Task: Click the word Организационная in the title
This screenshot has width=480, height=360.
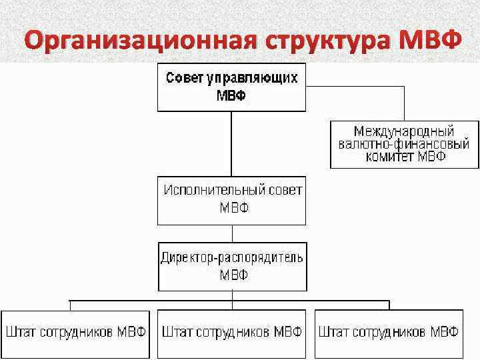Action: pos(137,41)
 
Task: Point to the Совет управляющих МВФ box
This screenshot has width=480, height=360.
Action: pos(231,87)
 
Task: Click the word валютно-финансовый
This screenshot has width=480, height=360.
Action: pos(404,144)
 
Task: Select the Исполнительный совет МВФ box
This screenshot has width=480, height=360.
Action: pos(231,200)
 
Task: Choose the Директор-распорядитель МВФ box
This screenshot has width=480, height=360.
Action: pos(231,267)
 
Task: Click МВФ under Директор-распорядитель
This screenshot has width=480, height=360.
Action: pos(232,275)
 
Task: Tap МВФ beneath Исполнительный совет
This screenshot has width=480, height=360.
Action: pos(233,207)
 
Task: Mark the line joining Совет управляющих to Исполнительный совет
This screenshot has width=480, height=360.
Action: pos(231,143)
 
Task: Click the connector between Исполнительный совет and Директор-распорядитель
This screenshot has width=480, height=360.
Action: pos(231,233)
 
